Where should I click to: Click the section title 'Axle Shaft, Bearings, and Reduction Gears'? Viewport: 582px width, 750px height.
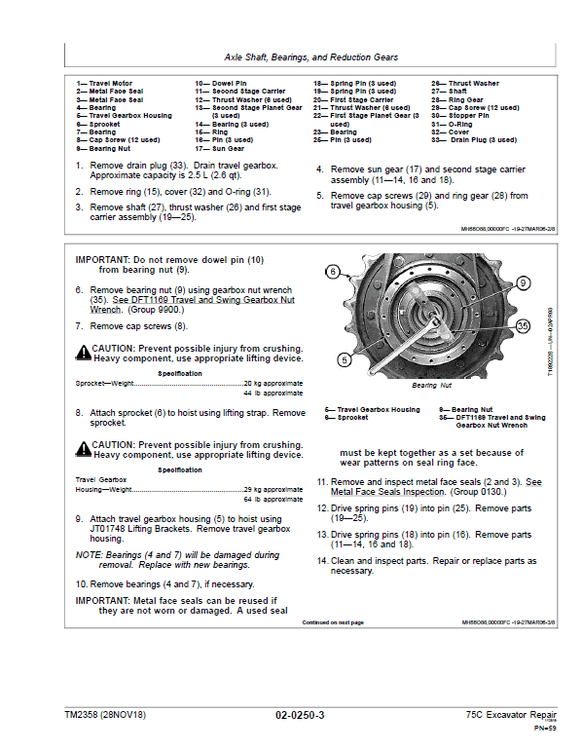click(311, 57)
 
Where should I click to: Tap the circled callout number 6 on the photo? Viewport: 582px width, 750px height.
click(333, 272)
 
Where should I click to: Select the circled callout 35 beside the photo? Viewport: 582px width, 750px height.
click(524, 326)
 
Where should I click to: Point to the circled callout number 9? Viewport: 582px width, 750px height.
click(524, 283)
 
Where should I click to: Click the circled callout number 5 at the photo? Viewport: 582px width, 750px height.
click(344, 359)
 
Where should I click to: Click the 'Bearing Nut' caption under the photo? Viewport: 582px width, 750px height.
click(431, 386)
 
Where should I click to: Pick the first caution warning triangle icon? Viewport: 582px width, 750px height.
click(83, 353)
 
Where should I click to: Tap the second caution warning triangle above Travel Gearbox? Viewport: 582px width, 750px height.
click(83, 449)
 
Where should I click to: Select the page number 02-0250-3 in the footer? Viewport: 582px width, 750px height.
click(300, 715)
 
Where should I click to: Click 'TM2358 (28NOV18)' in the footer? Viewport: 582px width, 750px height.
click(105, 715)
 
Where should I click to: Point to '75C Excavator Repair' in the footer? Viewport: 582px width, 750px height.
click(511, 715)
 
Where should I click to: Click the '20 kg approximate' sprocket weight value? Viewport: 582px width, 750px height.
click(273, 384)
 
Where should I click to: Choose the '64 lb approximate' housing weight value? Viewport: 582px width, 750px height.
click(273, 500)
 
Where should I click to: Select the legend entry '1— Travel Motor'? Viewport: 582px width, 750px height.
click(104, 83)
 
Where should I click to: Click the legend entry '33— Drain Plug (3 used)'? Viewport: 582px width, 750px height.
click(474, 140)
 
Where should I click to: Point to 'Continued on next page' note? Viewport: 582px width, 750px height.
click(333, 622)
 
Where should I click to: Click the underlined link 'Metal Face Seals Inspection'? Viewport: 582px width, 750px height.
click(387, 492)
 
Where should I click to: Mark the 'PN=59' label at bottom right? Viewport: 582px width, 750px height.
click(545, 729)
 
